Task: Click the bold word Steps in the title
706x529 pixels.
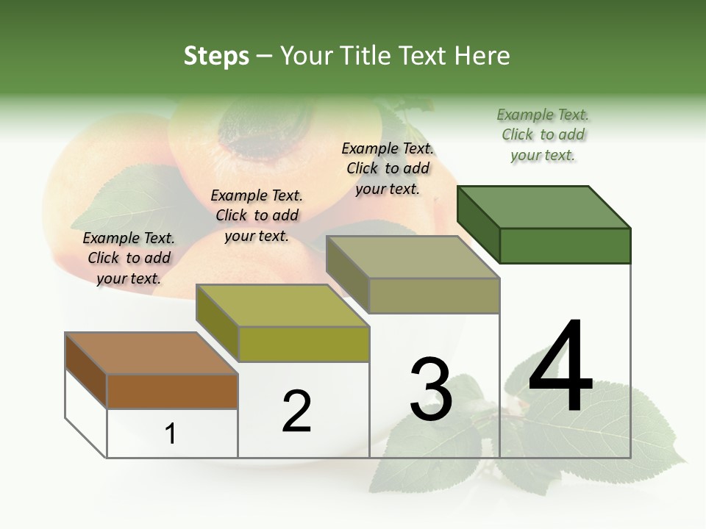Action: (216, 56)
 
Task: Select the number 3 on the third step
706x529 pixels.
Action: (431, 389)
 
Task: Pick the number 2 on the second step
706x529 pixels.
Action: (296, 411)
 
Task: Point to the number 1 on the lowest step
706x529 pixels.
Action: (171, 433)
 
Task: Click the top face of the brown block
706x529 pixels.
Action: (151, 353)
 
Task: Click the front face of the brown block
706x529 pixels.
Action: (172, 392)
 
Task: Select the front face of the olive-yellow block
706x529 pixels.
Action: (304, 344)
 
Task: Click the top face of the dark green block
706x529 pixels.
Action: (544, 206)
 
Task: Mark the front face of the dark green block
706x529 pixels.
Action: (565, 245)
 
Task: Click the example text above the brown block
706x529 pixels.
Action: (129, 258)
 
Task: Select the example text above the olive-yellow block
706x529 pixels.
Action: (257, 215)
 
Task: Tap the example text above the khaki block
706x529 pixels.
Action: (388, 168)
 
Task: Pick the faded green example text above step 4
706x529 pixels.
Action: (543, 134)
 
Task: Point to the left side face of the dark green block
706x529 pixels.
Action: (478, 224)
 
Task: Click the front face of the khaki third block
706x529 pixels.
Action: (434, 296)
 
